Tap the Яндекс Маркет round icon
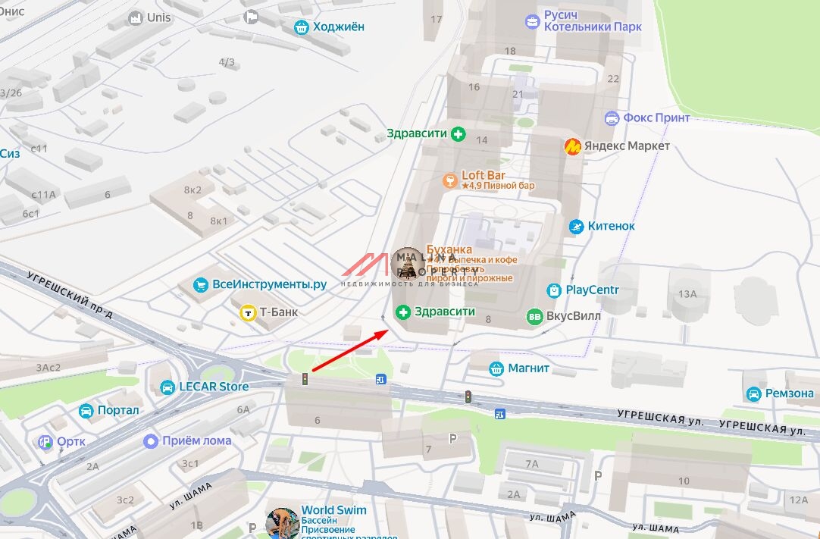pyautogui.click(x=573, y=146)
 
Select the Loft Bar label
pyautogui.click(x=484, y=176)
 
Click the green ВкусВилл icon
pyautogui.click(x=535, y=316)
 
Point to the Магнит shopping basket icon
pyautogui.click(x=496, y=368)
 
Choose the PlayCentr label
pyautogui.click(x=592, y=290)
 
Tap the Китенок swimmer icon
pyautogui.click(x=577, y=226)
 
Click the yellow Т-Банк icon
pyautogui.click(x=248, y=312)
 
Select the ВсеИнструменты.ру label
pyautogui.click(x=269, y=284)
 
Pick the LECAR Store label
pyautogui.click(x=214, y=387)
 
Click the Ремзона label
pyautogui.click(x=789, y=393)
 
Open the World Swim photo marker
pyautogui.click(x=282, y=523)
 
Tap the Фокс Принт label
pyautogui.click(x=656, y=118)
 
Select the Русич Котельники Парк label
pyautogui.click(x=592, y=21)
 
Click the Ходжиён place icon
pyautogui.click(x=302, y=27)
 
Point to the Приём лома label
pyautogui.click(x=197, y=440)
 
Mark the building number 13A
pyautogui.click(x=687, y=294)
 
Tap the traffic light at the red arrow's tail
pyautogui.click(x=304, y=378)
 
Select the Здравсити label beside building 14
pyautogui.click(x=417, y=134)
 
